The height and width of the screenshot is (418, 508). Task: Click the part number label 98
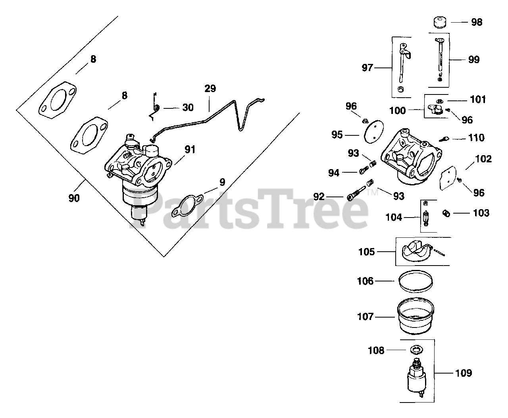click(477, 22)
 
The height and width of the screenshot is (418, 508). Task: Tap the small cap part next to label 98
click(439, 22)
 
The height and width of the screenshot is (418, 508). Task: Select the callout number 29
click(210, 89)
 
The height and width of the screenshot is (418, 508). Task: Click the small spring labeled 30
click(156, 108)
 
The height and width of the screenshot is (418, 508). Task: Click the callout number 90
click(74, 198)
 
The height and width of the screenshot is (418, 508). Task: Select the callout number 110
click(476, 138)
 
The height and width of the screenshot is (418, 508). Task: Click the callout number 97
click(368, 68)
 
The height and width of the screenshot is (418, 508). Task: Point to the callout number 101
click(478, 100)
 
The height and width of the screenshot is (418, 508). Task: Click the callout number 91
click(190, 150)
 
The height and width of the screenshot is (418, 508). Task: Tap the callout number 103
click(481, 213)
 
